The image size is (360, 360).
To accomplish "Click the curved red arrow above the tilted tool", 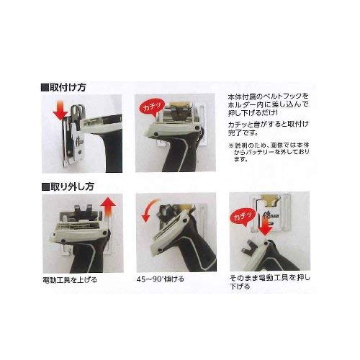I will (149, 212).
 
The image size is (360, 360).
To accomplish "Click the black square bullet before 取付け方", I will (46, 85).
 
